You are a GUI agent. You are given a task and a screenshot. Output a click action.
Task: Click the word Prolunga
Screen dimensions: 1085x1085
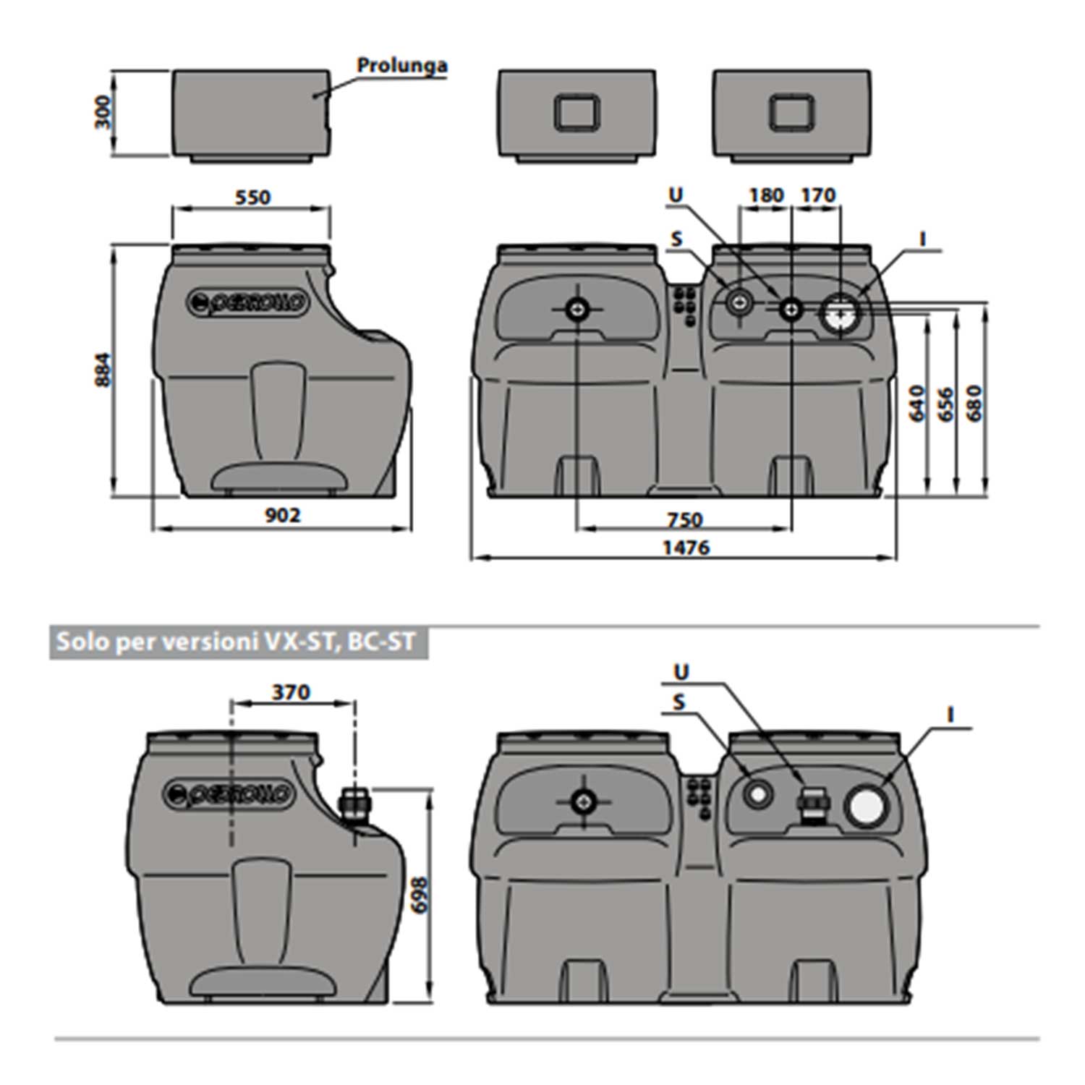click(402, 65)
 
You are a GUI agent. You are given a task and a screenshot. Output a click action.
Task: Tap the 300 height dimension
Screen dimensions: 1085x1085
click(104, 112)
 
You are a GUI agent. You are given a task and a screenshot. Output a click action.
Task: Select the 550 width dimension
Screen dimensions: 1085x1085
click(252, 197)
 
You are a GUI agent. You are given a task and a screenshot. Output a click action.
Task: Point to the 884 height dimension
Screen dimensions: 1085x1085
click(104, 370)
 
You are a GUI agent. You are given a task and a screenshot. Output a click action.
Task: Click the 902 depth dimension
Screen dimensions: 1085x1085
click(282, 515)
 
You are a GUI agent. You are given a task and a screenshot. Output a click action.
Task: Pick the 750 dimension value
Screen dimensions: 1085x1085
click(684, 519)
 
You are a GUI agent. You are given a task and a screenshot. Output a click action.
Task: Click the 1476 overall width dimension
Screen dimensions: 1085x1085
click(686, 548)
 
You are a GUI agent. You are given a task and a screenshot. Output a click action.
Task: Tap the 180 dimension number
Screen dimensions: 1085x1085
click(765, 195)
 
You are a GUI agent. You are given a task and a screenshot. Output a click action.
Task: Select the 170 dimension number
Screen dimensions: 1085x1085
click(818, 195)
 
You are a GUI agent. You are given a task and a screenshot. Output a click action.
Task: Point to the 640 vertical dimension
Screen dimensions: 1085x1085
click(916, 404)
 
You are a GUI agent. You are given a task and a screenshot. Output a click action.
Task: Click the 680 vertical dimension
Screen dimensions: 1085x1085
click(974, 404)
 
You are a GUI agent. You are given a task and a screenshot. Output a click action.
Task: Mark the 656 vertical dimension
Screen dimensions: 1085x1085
click(945, 404)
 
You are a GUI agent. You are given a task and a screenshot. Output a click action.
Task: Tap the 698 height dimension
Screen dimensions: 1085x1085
click(420, 895)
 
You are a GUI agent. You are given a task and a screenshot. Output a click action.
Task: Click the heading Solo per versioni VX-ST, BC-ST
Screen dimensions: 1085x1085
click(237, 642)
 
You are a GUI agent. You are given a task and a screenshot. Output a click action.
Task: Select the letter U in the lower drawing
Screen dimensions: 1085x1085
click(681, 673)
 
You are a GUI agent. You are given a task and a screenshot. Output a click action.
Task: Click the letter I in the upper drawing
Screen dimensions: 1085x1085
click(923, 239)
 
